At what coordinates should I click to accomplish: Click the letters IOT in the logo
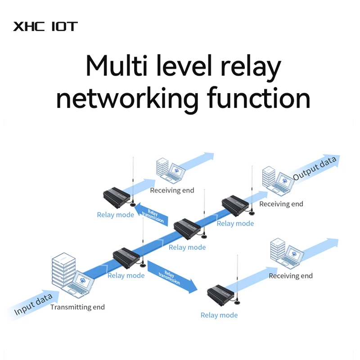pyautogui.click(x=65, y=26)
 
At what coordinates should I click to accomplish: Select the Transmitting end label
pyautogui.click(x=77, y=307)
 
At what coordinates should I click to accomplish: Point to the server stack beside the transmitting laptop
pyautogui.click(x=63, y=271)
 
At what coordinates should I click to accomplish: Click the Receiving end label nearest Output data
pyautogui.click(x=281, y=204)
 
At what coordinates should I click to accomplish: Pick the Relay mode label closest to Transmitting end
pyautogui.click(x=126, y=275)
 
